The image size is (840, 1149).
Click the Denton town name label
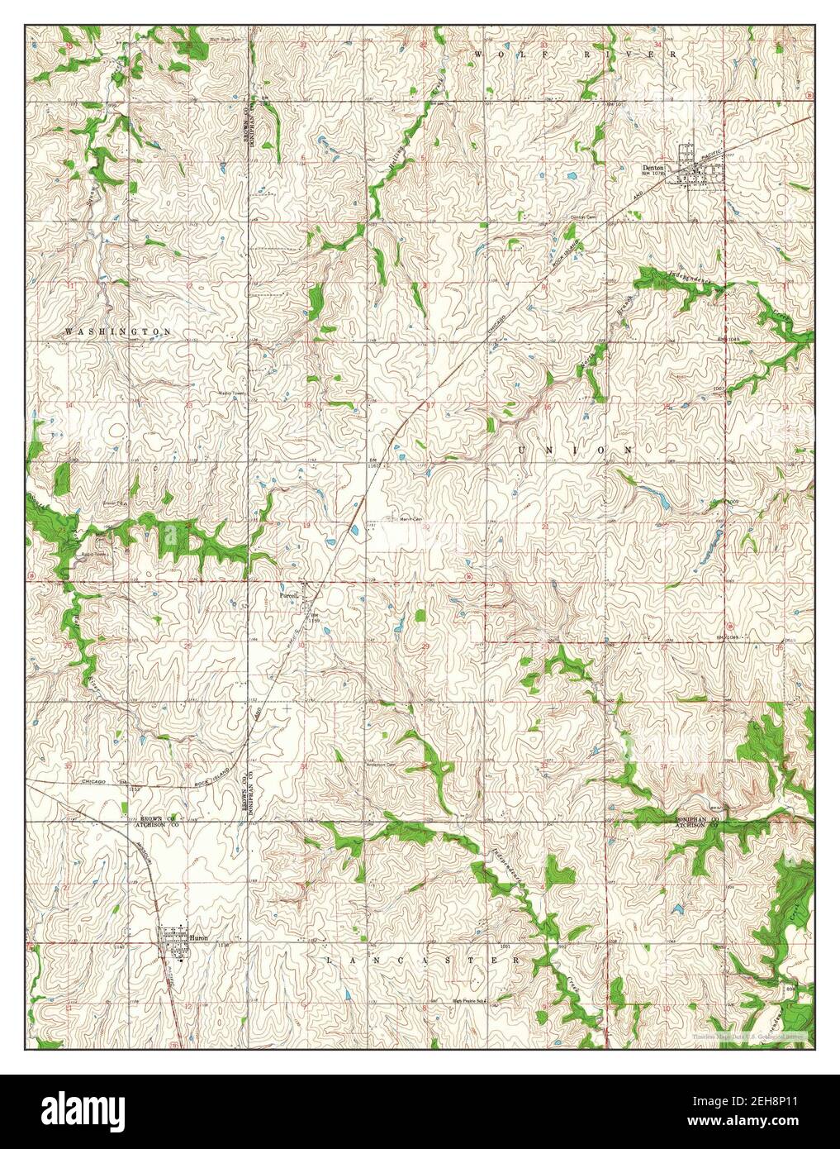click(x=653, y=166)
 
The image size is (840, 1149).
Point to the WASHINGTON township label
click(x=118, y=331)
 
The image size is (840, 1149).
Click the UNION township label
click(x=576, y=450)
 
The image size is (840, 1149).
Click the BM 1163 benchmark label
click(x=374, y=463)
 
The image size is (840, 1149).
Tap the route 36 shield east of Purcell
click(x=469, y=576)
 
